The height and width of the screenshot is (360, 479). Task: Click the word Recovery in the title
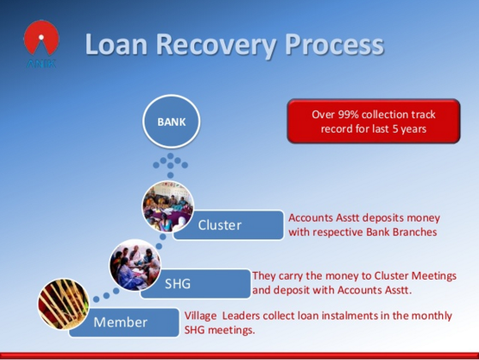tap(216, 44)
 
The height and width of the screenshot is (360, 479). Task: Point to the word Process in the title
tap(334, 44)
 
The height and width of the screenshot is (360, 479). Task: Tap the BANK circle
tap(171, 121)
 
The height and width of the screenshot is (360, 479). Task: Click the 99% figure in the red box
tap(348, 115)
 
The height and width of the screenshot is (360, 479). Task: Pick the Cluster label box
tap(228, 225)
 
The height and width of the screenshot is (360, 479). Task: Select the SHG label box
tap(196, 284)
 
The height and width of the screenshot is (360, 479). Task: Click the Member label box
tap(124, 322)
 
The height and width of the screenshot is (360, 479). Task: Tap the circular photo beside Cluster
tap(168, 206)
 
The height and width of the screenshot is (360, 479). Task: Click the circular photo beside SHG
tap(135, 265)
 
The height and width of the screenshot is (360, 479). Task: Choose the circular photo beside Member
tap(63, 304)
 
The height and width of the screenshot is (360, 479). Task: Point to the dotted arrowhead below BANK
tap(170, 162)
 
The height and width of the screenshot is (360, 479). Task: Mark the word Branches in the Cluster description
tap(414, 232)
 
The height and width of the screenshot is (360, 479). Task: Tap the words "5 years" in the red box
tap(410, 129)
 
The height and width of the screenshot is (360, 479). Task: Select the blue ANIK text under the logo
tap(41, 63)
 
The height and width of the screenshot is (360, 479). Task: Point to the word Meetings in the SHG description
tap(434, 276)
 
